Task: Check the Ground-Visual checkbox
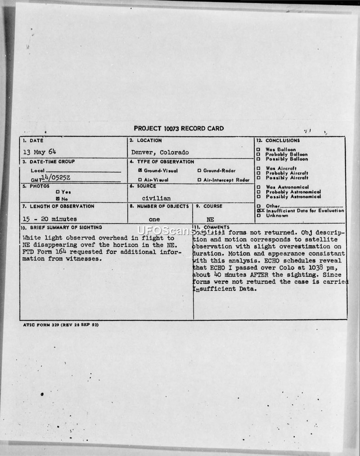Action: pos(140,171)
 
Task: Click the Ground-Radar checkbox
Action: pos(199,171)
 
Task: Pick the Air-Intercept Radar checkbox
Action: pos(199,180)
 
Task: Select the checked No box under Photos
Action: pos(58,198)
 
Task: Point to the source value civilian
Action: pos(156,198)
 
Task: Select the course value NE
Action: pos(210,219)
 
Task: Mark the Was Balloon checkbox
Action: pos(258,149)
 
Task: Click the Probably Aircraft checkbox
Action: pos(258,173)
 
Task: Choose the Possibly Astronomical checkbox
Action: pos(258,196)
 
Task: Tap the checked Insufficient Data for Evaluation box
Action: pos(259,210)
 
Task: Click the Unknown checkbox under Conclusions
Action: pos(258,215)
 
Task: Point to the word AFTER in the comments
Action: pos(257,275)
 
